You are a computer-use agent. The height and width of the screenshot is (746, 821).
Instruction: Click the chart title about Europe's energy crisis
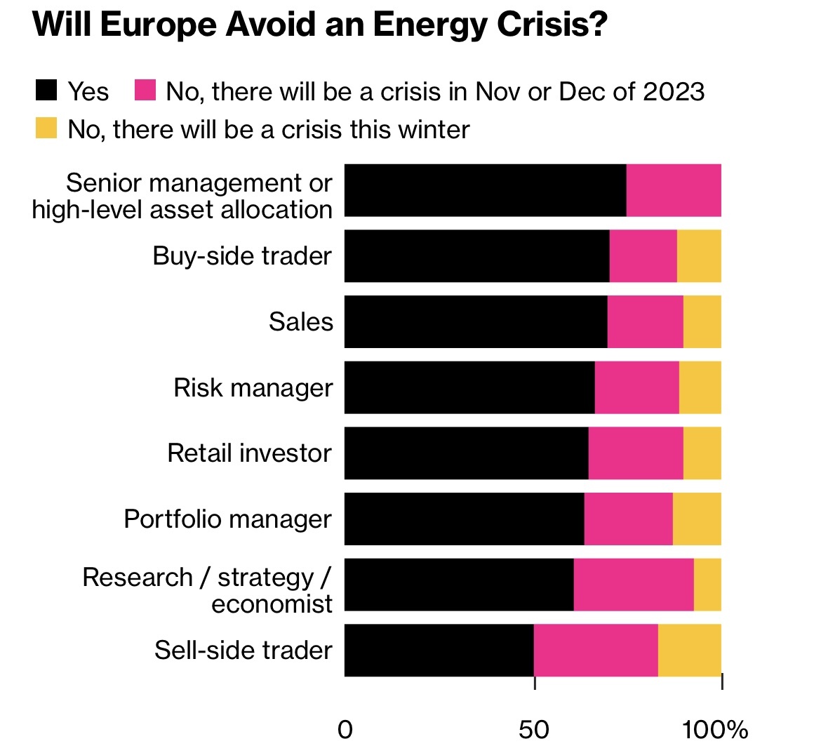[319, 26]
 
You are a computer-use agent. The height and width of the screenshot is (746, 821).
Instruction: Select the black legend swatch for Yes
[46, 91]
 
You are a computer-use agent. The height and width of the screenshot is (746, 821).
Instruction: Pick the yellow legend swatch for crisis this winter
[46, 128]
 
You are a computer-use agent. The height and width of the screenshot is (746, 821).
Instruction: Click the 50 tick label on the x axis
[534, 729]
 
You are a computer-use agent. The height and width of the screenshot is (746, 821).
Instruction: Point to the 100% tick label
[716, 729]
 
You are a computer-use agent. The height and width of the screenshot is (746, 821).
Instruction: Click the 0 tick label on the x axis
[345, 729]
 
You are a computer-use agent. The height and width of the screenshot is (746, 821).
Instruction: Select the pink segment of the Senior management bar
[674, 190]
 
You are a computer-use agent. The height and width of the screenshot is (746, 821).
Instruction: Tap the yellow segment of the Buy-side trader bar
[699, 256]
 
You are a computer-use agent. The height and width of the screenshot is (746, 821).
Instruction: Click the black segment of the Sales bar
[476, 321]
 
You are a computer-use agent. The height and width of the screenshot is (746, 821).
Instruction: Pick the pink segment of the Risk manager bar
[636, 387]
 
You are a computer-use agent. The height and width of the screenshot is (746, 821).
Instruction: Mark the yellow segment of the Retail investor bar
[702, 453]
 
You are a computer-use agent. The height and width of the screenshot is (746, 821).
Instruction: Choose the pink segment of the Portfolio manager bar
[628, 519]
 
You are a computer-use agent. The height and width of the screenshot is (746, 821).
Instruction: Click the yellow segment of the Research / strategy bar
[707, 585]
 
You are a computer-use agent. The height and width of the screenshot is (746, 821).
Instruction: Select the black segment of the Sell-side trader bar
[439, 651]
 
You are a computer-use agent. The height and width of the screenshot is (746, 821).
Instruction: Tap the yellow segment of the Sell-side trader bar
[689, 651]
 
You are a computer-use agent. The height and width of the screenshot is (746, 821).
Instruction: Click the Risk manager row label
[253, 387]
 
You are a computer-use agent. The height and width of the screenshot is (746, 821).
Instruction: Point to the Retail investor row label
[249, 453]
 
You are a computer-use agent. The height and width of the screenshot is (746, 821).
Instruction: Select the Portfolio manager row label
[227, 519]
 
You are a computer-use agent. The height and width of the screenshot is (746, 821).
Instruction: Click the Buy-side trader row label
[242, 256]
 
